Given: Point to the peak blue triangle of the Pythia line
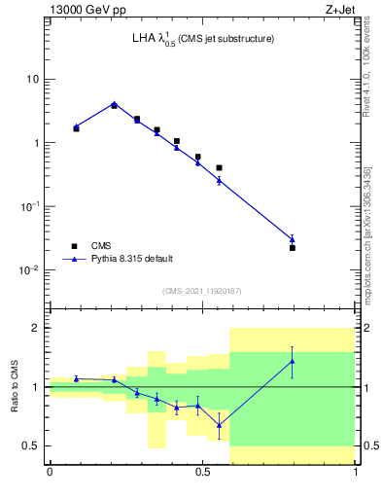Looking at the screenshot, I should pos(114,104).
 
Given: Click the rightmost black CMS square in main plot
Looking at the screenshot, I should pos(292,248).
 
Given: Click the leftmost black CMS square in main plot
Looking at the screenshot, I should pos(76,128).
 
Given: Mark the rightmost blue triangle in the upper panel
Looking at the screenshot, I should pos(292,239).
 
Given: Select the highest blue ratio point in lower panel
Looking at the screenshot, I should pos(292,361).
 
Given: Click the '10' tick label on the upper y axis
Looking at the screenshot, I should pos(33,79).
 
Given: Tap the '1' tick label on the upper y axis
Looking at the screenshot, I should pos(36,143).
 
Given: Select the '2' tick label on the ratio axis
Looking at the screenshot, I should pos(36,329).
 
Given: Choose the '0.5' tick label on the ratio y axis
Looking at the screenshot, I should pos(32,446).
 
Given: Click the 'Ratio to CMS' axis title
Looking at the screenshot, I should pos(14,387).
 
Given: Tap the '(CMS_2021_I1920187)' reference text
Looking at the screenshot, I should pos(202,291).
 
